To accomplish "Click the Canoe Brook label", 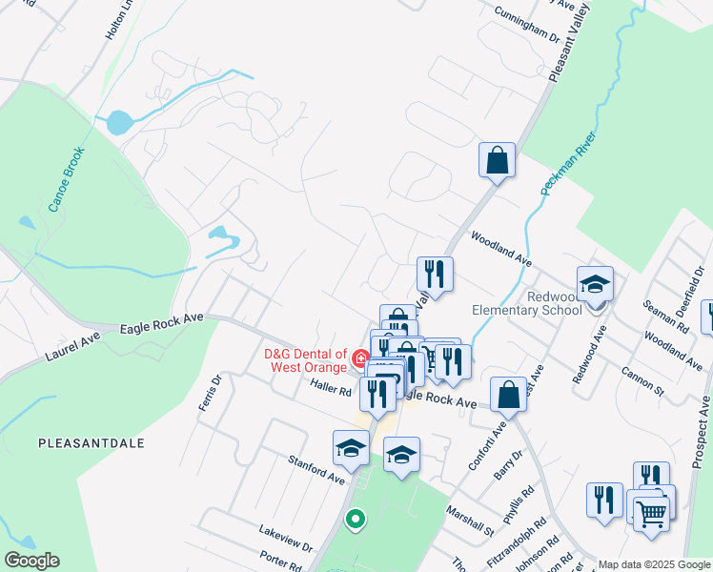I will tap(68, 173).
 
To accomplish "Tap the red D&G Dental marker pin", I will tap(360, 359).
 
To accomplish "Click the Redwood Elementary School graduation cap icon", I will tap(595, 283).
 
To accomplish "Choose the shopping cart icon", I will tap(651, 512).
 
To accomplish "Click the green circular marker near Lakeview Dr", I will tap(355, 520).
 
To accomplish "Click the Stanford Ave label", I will tap(316, 468).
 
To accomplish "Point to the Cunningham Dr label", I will tap(526, 24).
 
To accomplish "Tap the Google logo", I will tap(31, 561).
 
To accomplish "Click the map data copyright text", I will tap(654, 564).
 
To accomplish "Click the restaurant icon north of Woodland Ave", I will tap(435, 275).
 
